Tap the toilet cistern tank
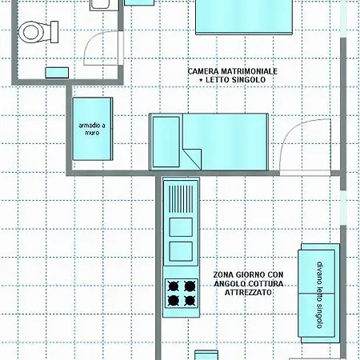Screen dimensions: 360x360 click(x=54, y=32)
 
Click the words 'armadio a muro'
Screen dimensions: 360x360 click(x=92, y=129)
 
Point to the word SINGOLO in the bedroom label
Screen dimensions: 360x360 click(x=249, y=79)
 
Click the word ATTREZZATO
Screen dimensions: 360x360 click(x=248, y=292)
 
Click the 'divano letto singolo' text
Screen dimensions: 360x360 click(x=320, y=294)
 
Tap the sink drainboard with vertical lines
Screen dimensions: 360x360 click(x=181, y=199)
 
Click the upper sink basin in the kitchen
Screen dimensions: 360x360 click(x=181, y=227)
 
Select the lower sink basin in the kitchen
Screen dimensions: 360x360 click(x=181, y=251)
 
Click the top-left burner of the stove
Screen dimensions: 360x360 click(x=174, y=286)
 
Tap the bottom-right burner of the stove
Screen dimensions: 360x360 click(x=190, y=301)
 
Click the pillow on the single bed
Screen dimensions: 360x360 click(x=166, y=142)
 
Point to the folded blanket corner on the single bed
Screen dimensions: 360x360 click(x=192, y=159)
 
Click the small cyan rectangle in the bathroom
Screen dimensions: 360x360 click(x=57, y=73)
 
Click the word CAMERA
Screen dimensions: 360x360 click(x=204, y=71)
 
